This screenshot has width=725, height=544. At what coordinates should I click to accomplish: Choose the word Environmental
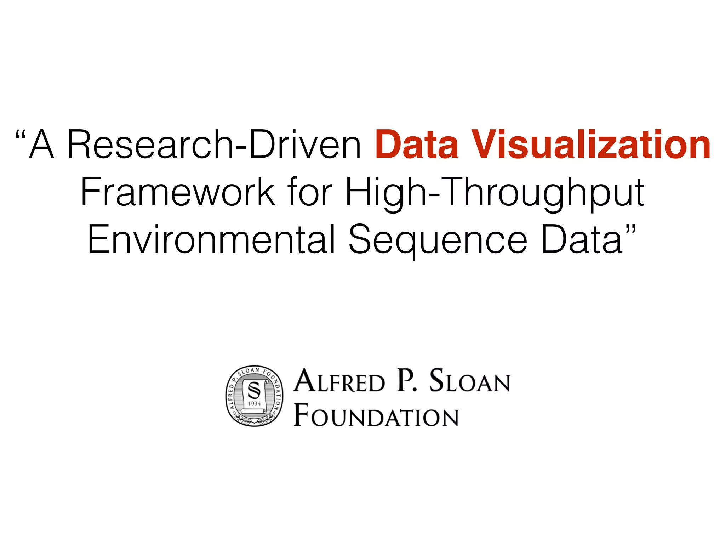[x=211, y=239]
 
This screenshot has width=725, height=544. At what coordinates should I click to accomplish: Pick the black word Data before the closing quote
[x=582, y=239]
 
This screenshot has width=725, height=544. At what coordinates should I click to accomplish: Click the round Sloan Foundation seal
[x=255, y=396]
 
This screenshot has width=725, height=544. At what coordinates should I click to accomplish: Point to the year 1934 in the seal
[x=255, y=403]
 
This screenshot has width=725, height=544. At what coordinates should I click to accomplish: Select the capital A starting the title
[x=41, y=145]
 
